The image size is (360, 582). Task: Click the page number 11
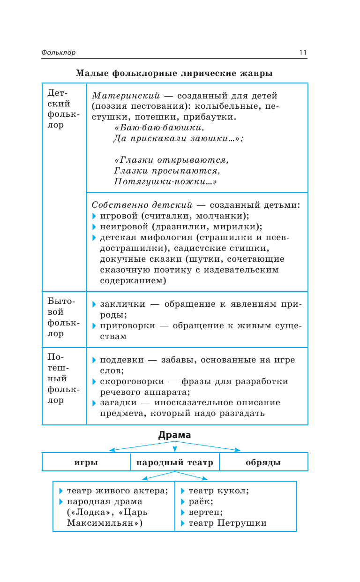click(302, 53)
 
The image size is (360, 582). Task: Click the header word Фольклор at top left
click(58, 53)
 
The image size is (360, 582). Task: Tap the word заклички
click(123, 304)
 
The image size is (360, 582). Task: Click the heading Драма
click(174, 435)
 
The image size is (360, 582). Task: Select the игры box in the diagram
click(86, 462)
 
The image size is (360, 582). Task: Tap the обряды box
click(263, 462)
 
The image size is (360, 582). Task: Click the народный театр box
click(175, 462)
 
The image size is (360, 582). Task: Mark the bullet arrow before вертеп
click(183, 512)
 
